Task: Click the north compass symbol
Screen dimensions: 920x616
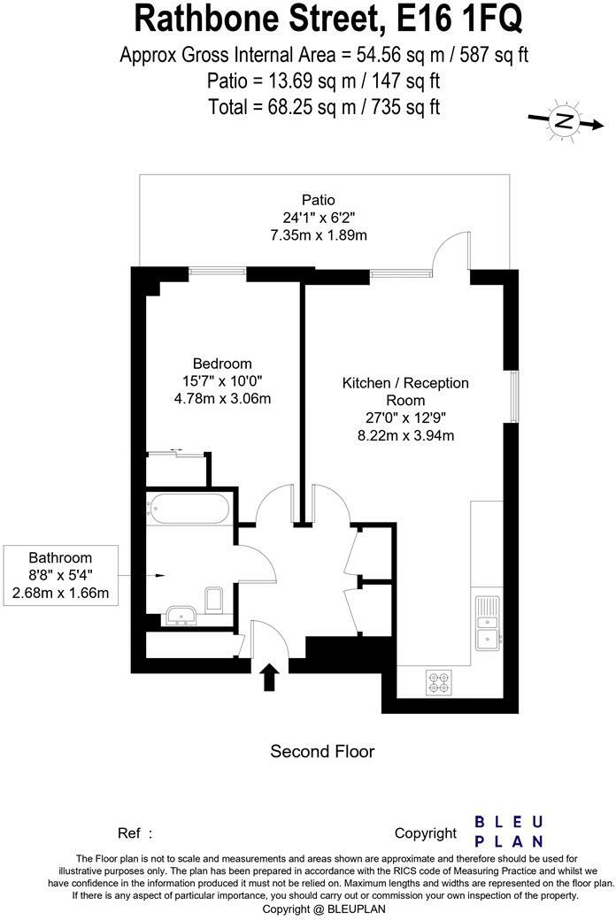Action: [562, 120]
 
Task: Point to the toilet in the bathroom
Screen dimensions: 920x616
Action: [213, 601]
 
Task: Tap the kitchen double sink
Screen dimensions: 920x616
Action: [488, 621]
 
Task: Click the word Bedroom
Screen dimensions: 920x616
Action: [222, 364]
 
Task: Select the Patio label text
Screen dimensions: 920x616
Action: [319, 200]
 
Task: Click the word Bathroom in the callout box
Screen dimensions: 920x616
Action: [60, 558]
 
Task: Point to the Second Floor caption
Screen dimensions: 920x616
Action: [322, 752]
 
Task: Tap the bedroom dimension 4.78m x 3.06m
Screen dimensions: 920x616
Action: [222, 398]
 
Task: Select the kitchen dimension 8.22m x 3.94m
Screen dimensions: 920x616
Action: [405, 435]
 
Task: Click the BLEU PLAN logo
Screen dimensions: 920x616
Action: [509, 832]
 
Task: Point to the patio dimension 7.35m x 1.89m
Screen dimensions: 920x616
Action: [319, 235]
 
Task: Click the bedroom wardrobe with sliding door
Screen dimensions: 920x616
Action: [178, 468]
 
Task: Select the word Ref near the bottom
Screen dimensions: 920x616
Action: [129, 832]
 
